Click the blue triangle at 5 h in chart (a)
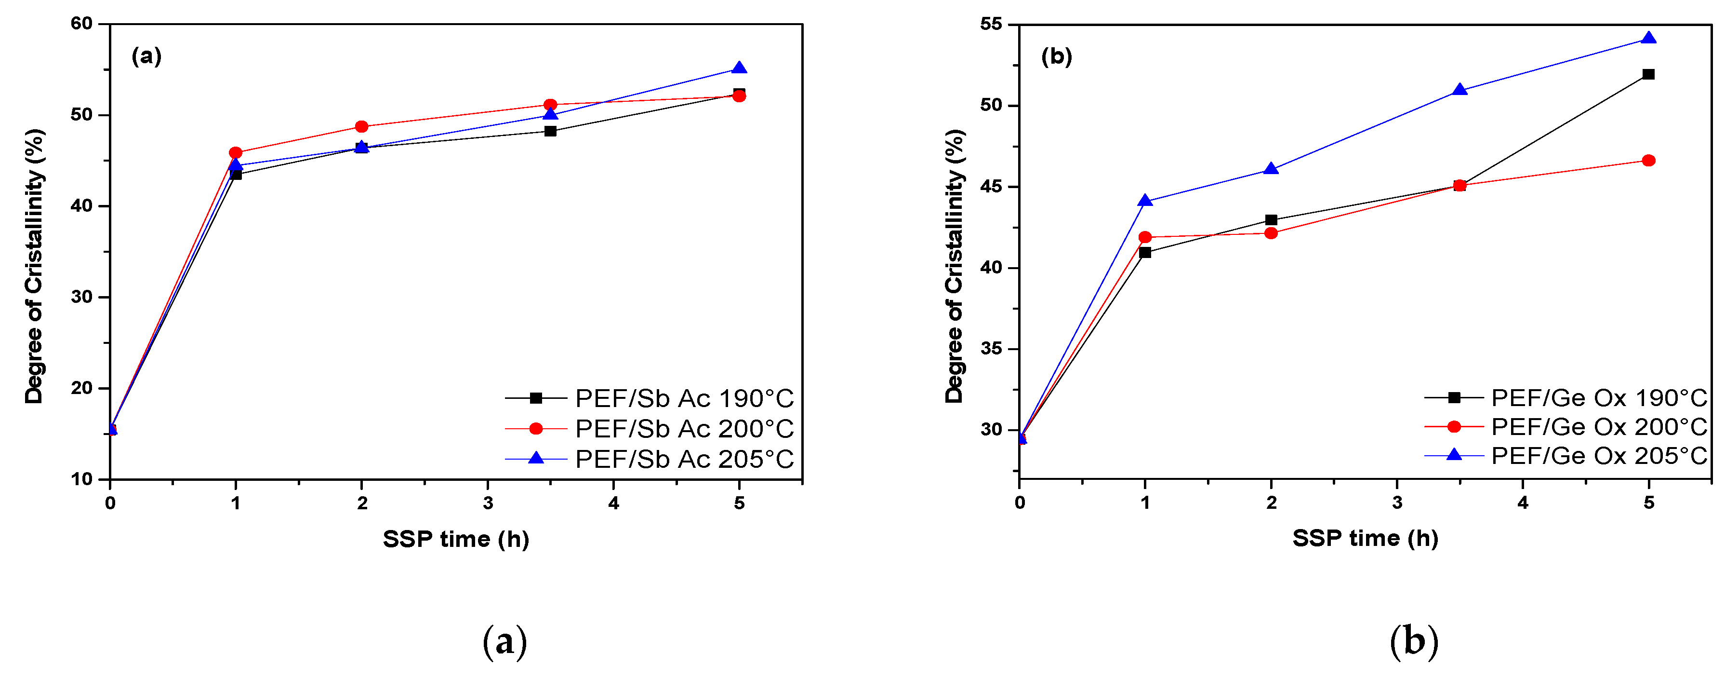[x=739, y=68]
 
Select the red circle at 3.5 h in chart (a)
[x=550, y=105]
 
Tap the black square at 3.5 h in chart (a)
[x=550, y=131]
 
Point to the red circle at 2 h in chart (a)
[x=361, y=127]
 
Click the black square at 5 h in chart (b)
[x=1649, y=74]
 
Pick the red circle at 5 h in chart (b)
[x=1649, y=160]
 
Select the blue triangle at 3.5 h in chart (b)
[x=1460, y=90]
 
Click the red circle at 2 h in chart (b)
[x=1271, y=233]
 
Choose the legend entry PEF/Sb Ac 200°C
[x=684, y=429]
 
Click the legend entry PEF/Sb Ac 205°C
[x=684, y=459]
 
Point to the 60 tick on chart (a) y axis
[x=82, y=24]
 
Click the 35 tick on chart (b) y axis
[x=991, y=349]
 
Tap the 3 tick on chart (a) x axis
[x=488, y=503]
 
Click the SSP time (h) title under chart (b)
[x=1365, y=538]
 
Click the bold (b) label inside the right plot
[x=1056, y=56]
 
